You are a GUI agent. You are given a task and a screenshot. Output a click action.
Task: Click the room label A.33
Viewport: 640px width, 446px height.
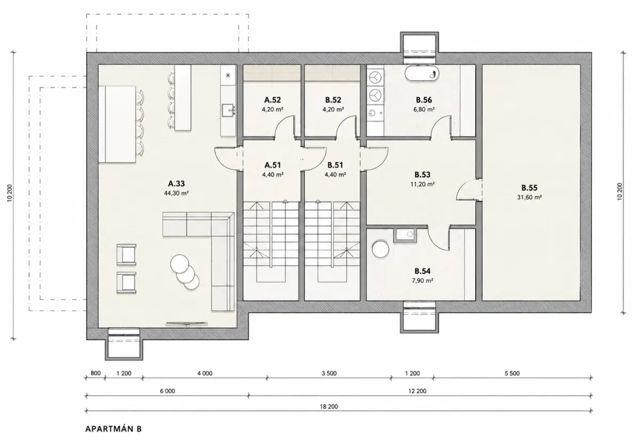[177, 184]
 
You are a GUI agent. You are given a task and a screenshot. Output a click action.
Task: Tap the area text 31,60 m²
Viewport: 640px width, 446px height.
[530, 197]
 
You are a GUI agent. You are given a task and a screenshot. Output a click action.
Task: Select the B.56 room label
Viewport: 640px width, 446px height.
[423, 100]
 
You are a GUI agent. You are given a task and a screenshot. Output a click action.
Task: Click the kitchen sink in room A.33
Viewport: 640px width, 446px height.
[229, 110]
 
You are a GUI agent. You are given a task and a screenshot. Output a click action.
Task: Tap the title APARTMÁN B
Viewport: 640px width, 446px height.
[114, 429]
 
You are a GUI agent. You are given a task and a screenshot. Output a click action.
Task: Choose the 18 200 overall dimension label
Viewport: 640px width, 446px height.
[329, 407]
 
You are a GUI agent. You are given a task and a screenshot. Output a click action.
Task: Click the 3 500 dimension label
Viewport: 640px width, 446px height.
[329, 373]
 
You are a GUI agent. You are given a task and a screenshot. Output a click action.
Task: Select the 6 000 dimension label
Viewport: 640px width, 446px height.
[167, 391]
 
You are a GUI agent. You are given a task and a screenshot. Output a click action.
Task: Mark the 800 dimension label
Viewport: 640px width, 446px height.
[95, 373]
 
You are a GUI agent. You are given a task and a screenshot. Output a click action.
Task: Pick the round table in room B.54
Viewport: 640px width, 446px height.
[380, 249]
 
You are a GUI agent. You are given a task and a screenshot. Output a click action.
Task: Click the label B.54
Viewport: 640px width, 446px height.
[422, 271]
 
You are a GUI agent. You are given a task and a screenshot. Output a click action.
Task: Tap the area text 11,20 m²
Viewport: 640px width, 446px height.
[422, 184]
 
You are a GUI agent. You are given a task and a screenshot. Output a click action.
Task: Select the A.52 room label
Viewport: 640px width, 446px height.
[273, 100]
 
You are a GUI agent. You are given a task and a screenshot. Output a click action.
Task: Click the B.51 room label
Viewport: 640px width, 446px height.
[335, 165]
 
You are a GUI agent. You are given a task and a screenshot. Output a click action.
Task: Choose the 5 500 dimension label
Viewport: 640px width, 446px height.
[512, 373]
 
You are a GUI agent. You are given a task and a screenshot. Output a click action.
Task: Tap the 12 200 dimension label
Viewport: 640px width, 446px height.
[418, 391]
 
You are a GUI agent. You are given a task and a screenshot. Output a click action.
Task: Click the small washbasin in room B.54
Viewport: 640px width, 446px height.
[405, 235]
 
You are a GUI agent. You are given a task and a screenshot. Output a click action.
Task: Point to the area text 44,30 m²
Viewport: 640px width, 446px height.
[177, 193]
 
